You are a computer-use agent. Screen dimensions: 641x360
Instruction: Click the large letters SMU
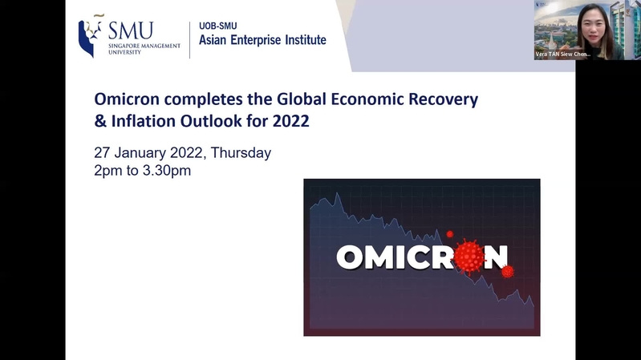coord(131,30)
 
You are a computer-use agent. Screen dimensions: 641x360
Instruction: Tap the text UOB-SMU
coord(218,26)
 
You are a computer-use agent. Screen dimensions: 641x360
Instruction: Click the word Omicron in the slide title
coord(127,99)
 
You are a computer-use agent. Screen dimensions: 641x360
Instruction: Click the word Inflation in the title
coord(144,121)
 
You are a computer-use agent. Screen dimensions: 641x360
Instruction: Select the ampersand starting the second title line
coord(100,121)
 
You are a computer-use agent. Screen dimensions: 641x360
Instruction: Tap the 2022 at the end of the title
coord(290,121)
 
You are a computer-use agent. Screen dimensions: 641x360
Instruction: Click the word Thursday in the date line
coord(241,153)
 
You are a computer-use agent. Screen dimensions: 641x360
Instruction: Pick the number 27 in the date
coord(102,153)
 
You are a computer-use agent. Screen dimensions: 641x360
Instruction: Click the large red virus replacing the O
coord(469,257)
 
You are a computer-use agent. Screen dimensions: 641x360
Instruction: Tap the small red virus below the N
coord(508,271)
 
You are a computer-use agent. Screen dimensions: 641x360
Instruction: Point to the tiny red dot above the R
coord(450,234)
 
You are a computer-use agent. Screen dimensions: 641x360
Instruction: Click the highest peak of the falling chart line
coord(338,194)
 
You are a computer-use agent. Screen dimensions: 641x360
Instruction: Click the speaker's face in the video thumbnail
coord(594,28)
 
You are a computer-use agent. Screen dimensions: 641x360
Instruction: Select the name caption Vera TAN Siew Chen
coord(563,54)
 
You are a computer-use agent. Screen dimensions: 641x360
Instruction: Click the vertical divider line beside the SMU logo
coord(189,40)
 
